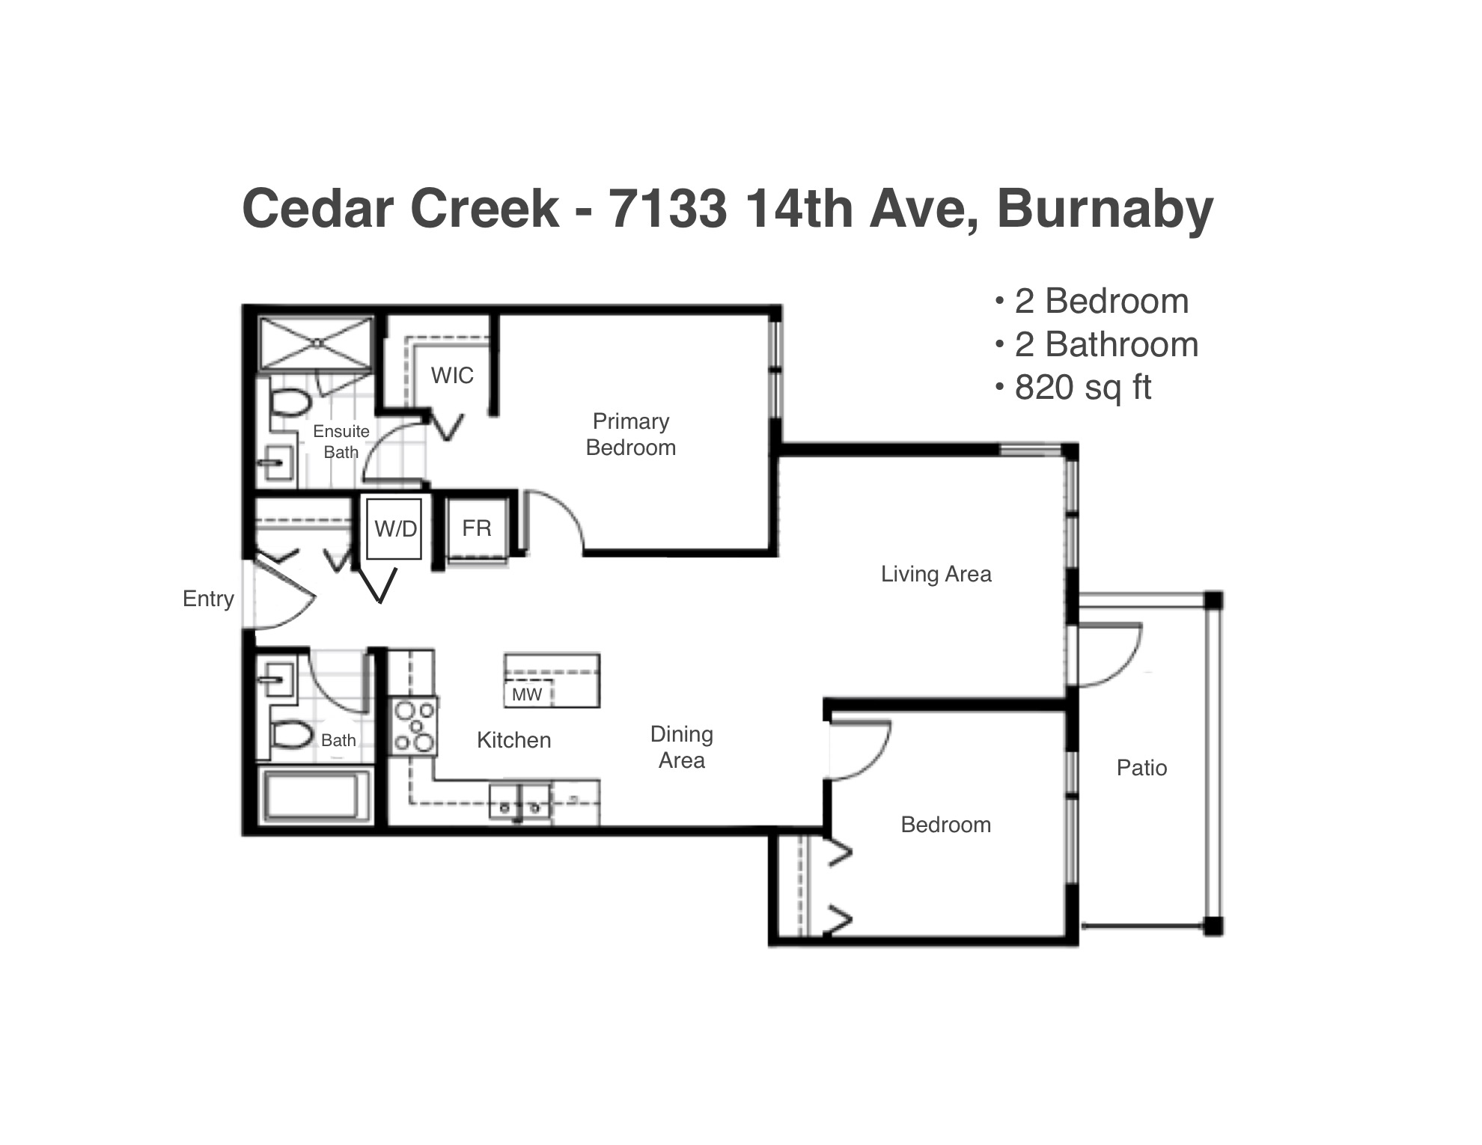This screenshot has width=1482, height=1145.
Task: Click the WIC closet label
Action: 452,375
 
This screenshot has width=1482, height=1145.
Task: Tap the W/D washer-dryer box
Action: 394,529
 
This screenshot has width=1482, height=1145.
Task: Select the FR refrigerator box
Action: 477,528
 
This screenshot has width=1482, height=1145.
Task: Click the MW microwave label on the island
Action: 527,694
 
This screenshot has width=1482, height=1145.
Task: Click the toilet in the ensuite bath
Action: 290,403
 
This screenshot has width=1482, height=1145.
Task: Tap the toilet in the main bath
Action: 291,735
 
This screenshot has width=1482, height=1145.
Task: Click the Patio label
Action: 1141,768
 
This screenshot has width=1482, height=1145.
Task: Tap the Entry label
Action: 208,599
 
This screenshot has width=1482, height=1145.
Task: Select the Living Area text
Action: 936,574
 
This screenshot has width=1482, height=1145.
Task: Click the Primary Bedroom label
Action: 630,434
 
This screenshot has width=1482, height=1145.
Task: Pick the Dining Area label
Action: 681,747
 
